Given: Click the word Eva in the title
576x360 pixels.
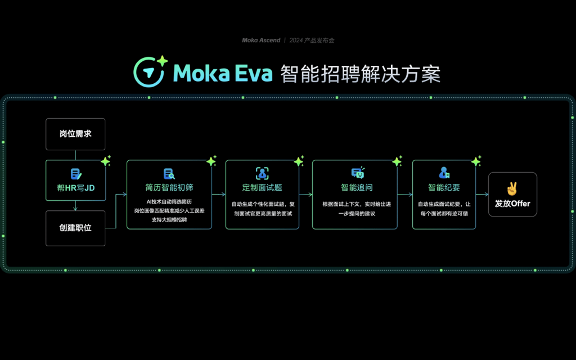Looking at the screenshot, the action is (x=254, y=74).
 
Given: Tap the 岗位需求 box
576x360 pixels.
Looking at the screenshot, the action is (x=75, y=134).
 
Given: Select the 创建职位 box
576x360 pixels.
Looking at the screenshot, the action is (x=75, y=228).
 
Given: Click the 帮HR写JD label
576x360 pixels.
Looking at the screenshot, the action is (x=76, y=188).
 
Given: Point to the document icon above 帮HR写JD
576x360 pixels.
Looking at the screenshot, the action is (x=76, y=174).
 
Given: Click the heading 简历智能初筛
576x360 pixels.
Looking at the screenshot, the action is (x=169, y=188).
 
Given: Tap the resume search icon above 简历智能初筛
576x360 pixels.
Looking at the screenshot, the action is (x=169, y=174).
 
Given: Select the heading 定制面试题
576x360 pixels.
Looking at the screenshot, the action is (x=262, y=188).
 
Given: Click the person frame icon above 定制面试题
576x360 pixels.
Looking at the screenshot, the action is (x=262, y=173).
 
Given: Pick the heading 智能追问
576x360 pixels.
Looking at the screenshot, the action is (x=357, y=188).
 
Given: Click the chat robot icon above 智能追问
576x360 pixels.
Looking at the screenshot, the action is (x=357, y=173).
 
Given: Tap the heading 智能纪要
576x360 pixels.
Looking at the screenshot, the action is (x=444, y=188).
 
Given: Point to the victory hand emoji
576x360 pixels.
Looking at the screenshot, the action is (x=512, y=189).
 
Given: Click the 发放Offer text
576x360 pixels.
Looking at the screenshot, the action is (x=512, y=204).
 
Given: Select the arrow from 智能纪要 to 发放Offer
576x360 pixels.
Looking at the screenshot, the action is (x=482, y=194).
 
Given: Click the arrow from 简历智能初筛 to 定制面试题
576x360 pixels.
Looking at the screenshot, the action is (x=219, y=194).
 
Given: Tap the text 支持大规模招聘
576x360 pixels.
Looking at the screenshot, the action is (x=169, y=220).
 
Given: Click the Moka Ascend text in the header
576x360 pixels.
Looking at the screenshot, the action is (x=261, y=40).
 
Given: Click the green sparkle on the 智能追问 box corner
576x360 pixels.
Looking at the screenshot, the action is (x=398, y=161).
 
